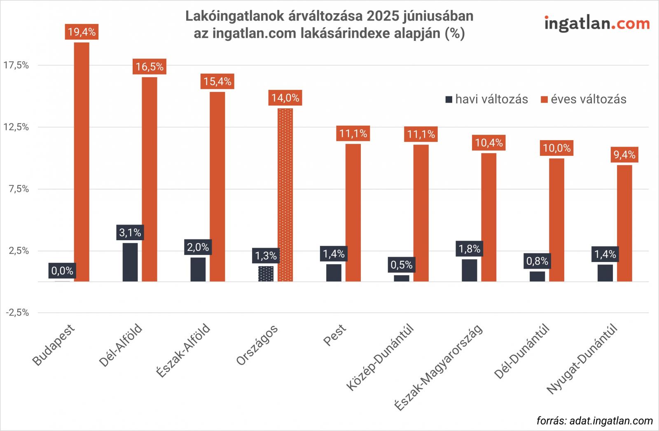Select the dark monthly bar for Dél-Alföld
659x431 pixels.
pos(130,262)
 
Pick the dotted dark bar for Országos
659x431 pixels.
pos(266,274)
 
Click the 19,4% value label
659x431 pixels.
pos(82,32)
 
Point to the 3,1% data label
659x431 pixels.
pos(130,233)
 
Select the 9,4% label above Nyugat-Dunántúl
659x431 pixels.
pos(624,155)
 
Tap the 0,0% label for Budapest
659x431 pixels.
pos(62,271)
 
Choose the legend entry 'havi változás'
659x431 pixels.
pos(486,99)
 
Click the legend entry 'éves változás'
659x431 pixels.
pos(584,99)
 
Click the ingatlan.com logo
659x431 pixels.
pos(597,23)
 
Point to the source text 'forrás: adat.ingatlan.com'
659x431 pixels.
pos(594,421)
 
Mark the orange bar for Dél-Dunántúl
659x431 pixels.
pos(556,220)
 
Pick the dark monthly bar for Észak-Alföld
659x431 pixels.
pos(198,269)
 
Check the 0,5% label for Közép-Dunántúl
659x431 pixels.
pos(402,265)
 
